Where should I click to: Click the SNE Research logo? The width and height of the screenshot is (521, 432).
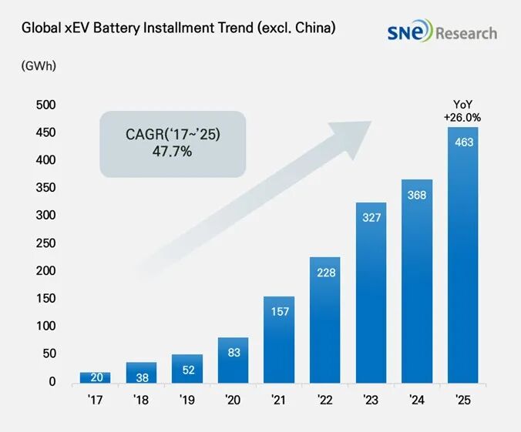click(442, 32)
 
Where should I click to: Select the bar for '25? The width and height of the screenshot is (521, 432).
click(463, 254)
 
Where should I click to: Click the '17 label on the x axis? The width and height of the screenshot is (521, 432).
click(95, 400)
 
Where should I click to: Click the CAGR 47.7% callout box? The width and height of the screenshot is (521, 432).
click(173, 143)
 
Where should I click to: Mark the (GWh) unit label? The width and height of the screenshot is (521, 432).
click(39, 66)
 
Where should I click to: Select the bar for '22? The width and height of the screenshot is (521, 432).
click(325, 320)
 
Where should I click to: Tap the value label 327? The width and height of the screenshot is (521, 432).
click(371, 217)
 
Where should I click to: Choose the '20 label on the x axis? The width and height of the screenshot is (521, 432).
click(233, 400)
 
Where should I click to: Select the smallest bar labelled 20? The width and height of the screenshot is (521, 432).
click(95, 377)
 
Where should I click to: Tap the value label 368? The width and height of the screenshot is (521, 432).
click(417, 195)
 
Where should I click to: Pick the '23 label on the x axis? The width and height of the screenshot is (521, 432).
click(371, 400)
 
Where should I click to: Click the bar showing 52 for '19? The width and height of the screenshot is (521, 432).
click(187, 369)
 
